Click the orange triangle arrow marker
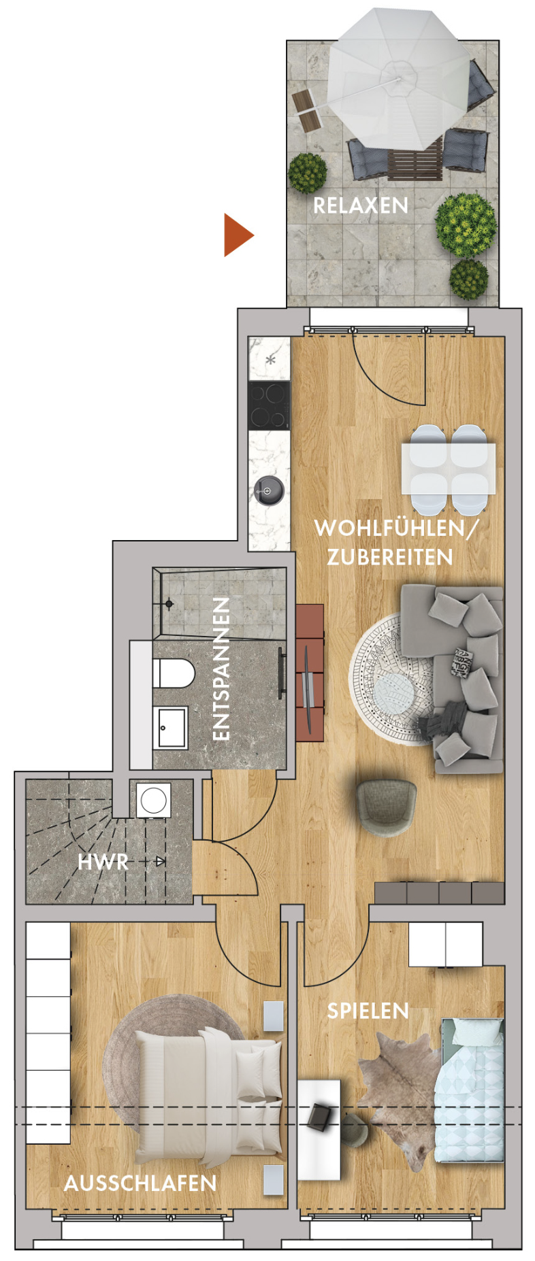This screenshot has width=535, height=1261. coord(237,235)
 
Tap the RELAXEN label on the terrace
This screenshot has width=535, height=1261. coord(360,205)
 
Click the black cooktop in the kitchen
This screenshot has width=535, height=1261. coord(269,405)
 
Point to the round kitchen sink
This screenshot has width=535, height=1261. coord(269,490)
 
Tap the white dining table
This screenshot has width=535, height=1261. coord(449,469)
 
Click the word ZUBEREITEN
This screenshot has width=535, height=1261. coord(390,558)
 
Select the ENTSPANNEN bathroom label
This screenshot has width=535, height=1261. coord(222,669)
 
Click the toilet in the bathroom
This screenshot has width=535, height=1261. coord(174,674)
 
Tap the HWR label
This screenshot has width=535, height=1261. coord(103,862)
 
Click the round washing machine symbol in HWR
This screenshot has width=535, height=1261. coord(153,801)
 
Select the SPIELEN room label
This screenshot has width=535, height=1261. coord(368,1011)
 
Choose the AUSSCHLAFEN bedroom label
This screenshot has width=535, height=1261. coord(140,1183)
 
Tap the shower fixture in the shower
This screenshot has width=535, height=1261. coord(168,603)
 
